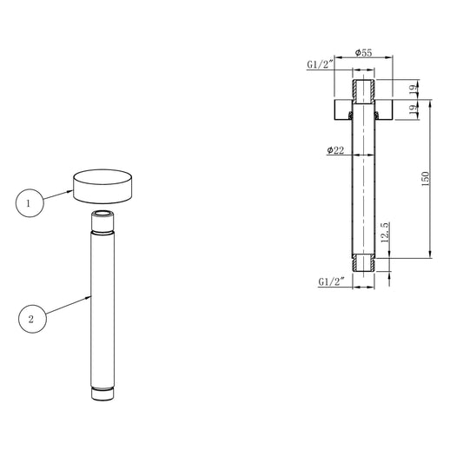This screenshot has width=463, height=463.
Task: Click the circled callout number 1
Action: click(x=30, y=203)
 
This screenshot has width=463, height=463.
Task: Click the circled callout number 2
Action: click(x=32, y=319)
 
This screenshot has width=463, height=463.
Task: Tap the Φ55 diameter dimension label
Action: click(x=363, y=53)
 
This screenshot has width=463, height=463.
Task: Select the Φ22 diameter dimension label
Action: click(x=335, y=150)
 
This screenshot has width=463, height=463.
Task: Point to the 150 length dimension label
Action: click(x=425, y=178)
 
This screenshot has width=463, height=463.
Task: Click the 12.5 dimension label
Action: click(x=386, y=233)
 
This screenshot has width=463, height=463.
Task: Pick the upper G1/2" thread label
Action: click(x=320, y=64)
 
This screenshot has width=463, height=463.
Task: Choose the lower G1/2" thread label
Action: click(x=331, y=281)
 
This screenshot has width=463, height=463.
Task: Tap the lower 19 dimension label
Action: click(x=414, y=109)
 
